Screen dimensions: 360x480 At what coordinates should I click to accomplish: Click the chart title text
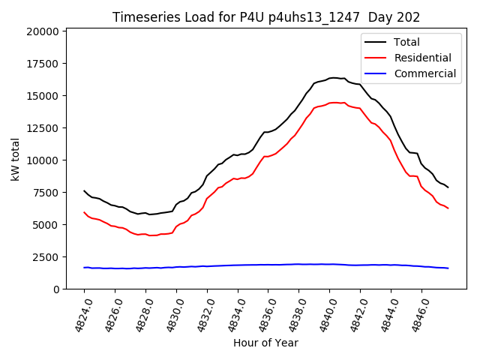point(266,16)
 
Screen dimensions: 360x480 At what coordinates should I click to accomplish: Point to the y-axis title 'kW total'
point(16,159)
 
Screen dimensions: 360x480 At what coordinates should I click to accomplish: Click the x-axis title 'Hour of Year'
point(265,343)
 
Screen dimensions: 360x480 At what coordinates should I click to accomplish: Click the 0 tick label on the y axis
point(56,289)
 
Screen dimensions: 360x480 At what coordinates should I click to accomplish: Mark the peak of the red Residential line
point(333,102)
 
